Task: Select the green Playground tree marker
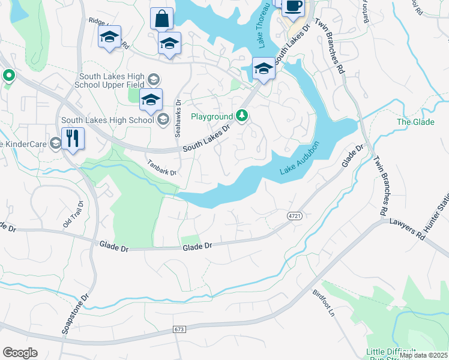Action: (242, 115)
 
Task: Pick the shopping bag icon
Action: (161, 19)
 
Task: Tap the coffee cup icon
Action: (293, 7)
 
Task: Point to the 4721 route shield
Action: (294, 216)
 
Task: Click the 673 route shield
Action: (180, 329)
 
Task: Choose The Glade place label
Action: (411, 122)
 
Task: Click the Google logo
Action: (20, 353)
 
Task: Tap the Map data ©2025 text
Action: (424, 355)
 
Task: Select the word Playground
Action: (211, 116)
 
